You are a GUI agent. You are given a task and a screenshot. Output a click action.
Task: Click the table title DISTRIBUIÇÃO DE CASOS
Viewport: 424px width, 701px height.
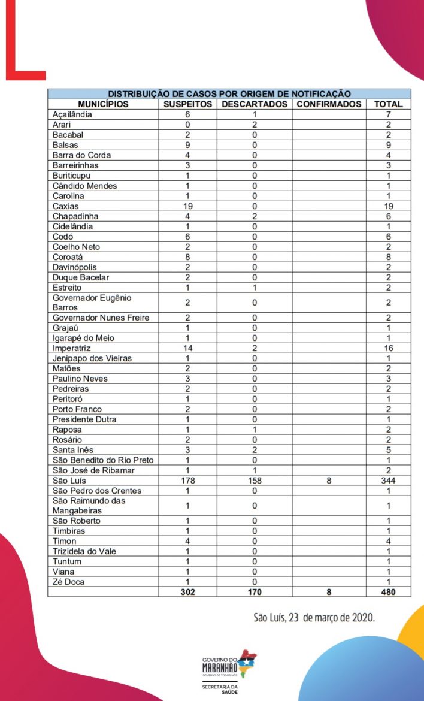[x=229, y=93]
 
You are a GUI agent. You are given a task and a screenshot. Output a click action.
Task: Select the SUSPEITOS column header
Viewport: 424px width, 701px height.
[x=187, y=104]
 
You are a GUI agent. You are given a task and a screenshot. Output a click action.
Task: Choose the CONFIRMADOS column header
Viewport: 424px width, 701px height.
[x=329, y=104]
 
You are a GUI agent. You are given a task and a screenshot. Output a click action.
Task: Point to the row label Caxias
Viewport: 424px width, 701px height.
[x=65, y=206]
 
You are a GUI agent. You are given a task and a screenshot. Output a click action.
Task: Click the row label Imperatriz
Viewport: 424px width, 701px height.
[x=71, y=348]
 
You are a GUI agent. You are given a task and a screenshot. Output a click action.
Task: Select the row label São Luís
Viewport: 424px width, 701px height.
[x=68, y=481]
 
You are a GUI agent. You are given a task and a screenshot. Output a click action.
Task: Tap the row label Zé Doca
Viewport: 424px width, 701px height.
[x=69, y=582]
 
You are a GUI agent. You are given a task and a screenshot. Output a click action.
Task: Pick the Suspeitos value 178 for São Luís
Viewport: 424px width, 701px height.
[x=187, y=481]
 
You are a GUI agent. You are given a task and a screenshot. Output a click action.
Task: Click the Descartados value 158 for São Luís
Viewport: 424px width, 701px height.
[x=254, y=481]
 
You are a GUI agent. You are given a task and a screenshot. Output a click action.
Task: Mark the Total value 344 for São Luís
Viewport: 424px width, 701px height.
[x=388, y=481]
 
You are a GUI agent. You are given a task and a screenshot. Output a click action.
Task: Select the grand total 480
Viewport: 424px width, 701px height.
[x=388, y=592]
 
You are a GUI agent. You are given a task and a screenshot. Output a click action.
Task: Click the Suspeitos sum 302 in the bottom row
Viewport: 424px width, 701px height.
[x=187, y=592]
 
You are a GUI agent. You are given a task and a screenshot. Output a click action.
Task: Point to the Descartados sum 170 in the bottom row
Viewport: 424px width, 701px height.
[x=254, y=592]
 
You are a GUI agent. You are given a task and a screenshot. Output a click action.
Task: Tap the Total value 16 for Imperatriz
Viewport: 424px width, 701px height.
[x=388, y=348]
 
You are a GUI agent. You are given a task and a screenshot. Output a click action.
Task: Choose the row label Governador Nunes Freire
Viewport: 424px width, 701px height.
[x=101, y=318]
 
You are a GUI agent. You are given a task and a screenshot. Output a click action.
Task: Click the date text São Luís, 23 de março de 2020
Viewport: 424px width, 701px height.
[x=314, y=617]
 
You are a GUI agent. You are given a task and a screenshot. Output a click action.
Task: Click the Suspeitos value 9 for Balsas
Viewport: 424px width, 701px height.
[x=187, y=145]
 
